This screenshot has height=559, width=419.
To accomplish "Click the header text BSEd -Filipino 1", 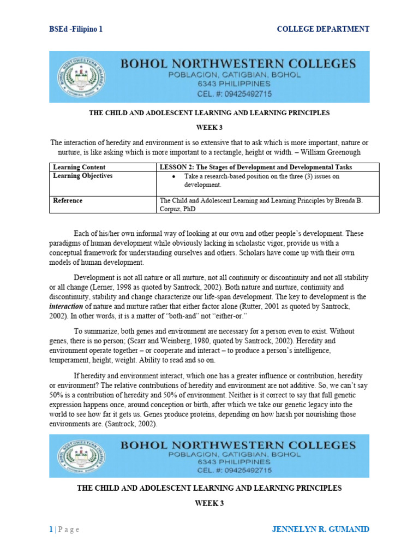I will tap(76, 29).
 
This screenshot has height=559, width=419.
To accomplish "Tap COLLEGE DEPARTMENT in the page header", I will tap(323, 29).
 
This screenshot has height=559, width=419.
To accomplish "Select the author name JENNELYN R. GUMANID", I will tap(320, 529).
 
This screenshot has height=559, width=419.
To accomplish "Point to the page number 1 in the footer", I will tap(51, 529).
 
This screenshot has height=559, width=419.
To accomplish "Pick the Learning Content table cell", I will tap(79, 167).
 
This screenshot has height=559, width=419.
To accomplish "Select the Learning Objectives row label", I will tap(82, 176).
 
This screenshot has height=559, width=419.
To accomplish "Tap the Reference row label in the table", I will tap(68, 200).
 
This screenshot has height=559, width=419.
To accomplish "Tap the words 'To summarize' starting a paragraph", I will tap(95, 330).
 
